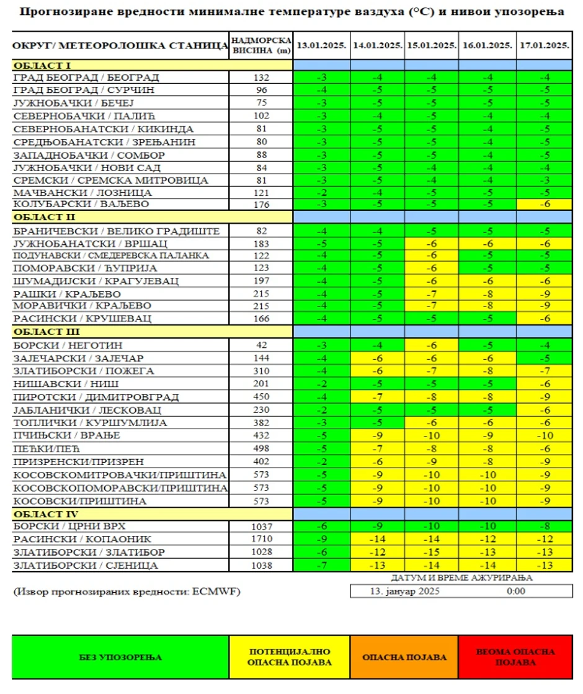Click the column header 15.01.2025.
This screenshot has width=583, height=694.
(x=432, y=45)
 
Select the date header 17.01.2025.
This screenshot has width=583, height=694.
(x=545, y=45)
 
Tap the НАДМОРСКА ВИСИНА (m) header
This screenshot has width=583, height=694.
(x=260, y=45)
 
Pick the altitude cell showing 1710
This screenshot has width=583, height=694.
(x=261, y=539)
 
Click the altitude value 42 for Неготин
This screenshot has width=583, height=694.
(x=261, y=345)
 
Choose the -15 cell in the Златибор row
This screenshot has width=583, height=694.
(x=432, y=552)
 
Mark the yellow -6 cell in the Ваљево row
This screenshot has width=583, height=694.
(x=545, y=204)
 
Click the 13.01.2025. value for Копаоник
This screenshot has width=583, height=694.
(x=321, y=539)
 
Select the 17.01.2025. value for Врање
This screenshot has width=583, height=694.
(x=545, y=435)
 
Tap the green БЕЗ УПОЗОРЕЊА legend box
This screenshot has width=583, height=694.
(x=120, y=657)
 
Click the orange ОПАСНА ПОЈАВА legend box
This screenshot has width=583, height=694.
(x=404, y=657)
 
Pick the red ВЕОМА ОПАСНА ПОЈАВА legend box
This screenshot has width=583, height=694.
(x=515, y=657)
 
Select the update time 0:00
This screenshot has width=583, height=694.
(x=515, y=591)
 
